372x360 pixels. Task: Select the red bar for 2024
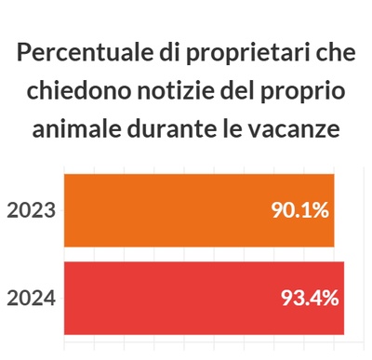[167, 298]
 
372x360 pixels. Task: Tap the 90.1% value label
[299, 210]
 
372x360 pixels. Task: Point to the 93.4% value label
[310, 299]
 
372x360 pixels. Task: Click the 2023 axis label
[31, 210]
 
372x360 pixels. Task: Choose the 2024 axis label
[31, 299]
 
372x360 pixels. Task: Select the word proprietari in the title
[241, 53]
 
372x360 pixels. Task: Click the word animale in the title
[74, 130]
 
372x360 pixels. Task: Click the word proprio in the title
[302, 93]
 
